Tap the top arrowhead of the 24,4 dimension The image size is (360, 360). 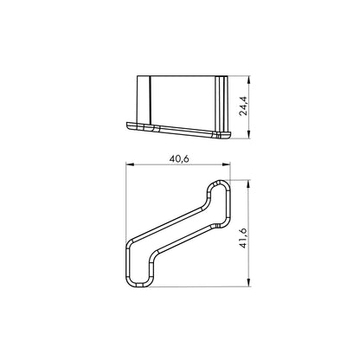coord(252,78)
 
